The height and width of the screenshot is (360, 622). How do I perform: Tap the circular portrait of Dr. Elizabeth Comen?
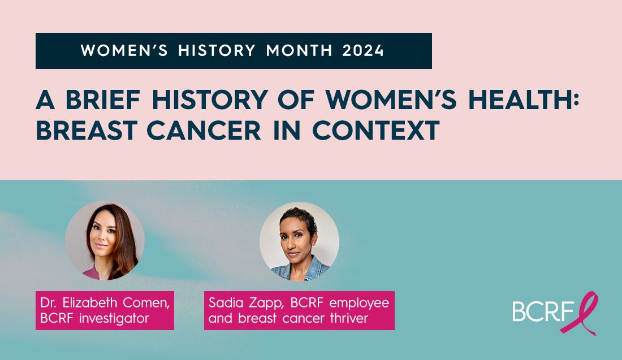[105, 240]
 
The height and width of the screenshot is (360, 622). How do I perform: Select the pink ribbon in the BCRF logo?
[586, 313]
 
